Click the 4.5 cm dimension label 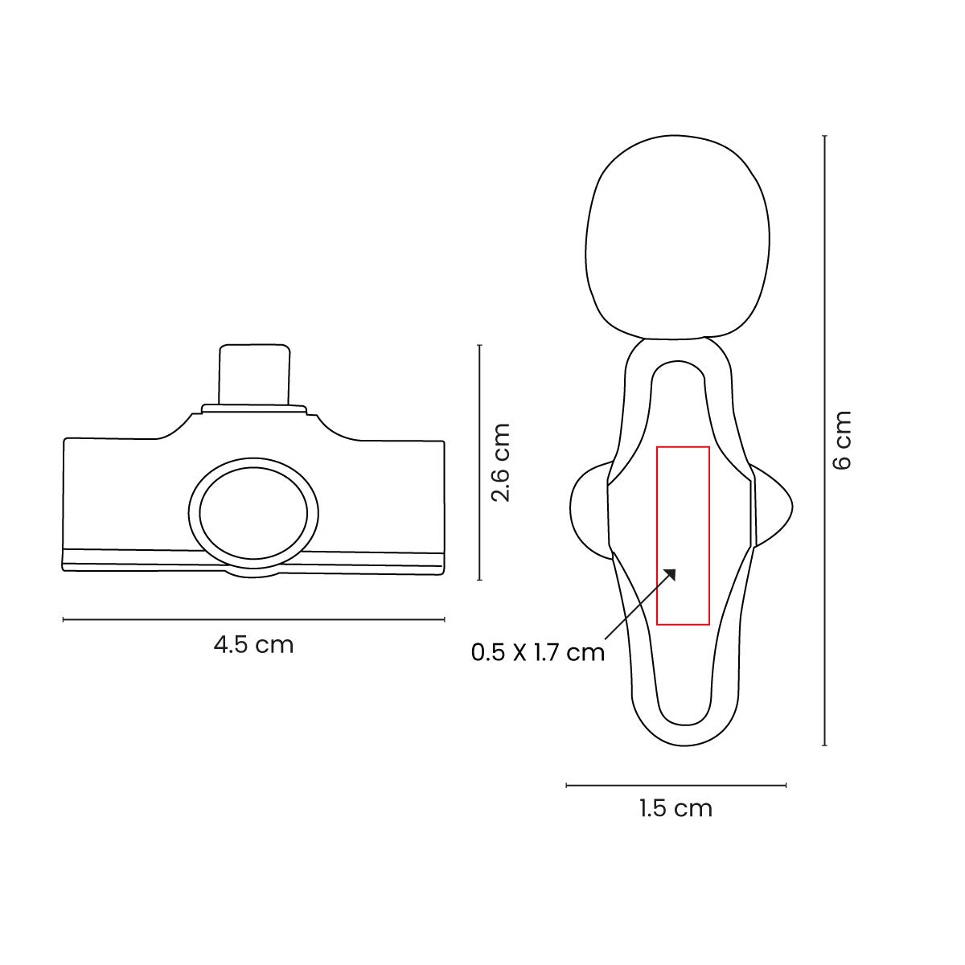click(x=253, y=645)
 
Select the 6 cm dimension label click(x=842, y=440)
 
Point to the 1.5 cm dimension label click(x=675, y=808)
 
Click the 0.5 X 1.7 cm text click(x=537, y=652)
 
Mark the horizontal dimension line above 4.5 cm click(x=253, y=619)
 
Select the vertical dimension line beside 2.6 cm click(x=479, y=462)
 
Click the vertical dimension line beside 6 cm click(x=825, y=440)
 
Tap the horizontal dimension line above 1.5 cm click(x=675, y=785)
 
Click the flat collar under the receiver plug click(x=253, y=409)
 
